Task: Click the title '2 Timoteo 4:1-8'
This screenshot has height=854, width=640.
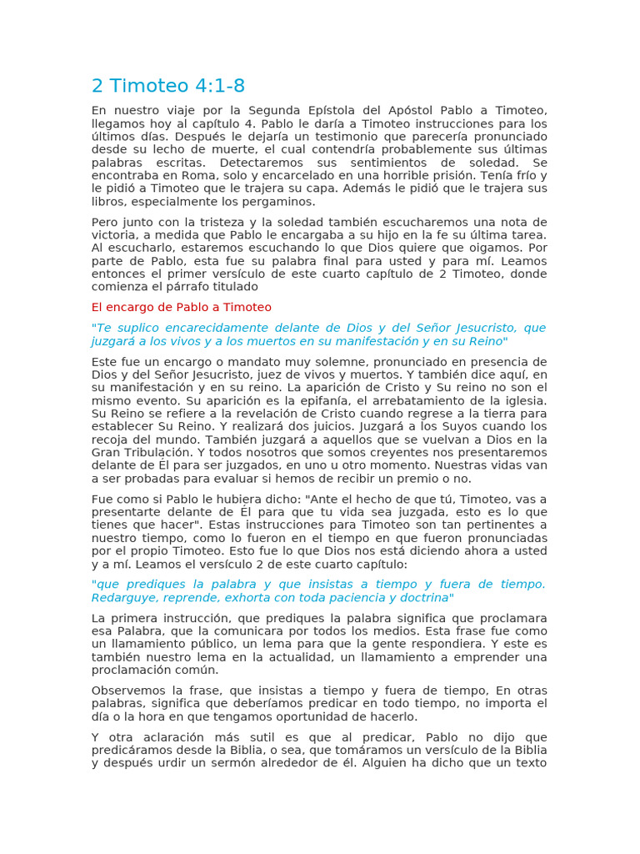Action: tap(168, 87)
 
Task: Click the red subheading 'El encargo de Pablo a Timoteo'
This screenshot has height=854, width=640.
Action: tap(181, 307)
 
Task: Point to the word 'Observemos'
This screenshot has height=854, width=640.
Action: tap(127, 691)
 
